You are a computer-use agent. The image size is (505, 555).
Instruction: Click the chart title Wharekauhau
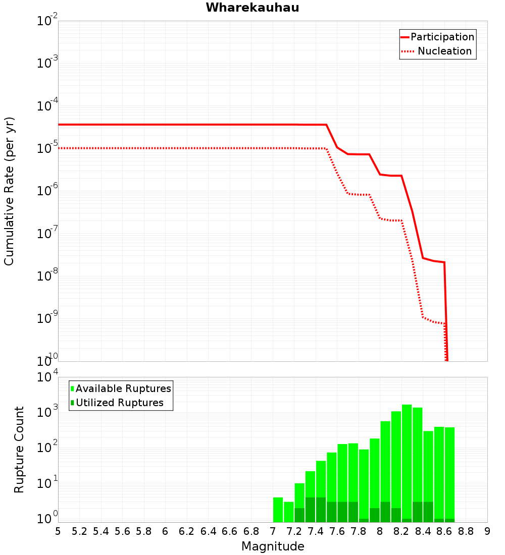coord(252,8)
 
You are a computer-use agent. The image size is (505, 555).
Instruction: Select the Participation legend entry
coord(437,37)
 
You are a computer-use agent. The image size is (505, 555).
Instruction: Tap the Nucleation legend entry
coord(437,51)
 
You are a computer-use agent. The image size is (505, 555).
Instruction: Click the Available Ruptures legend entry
coord(121,388)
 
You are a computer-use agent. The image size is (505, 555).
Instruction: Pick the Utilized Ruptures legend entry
coord(117,403)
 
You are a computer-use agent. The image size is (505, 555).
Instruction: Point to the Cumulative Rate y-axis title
coord(9,191)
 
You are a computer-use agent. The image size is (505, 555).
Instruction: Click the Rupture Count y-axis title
coord(19,450)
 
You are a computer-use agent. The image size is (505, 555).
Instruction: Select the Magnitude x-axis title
coord(273,546)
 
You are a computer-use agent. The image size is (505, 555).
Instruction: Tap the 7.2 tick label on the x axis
coord(294,531)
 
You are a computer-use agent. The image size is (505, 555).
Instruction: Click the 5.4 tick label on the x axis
coord(101,531)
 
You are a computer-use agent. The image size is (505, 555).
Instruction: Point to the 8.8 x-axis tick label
coord(466,531)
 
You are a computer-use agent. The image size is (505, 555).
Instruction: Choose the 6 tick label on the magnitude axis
coord(165,531)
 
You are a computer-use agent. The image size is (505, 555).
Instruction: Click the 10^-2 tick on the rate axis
coord(47,20)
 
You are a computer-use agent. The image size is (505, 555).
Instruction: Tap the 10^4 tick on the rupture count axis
coord(47,376)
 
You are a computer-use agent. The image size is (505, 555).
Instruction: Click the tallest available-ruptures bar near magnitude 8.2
coord(407,463)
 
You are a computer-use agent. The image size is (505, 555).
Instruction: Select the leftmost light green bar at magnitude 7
coord(278,510)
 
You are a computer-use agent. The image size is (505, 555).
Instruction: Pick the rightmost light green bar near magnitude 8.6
coord(450,475)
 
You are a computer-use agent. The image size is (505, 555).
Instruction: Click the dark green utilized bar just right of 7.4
coord(321,510)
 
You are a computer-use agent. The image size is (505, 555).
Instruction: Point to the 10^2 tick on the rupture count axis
coord(47,448)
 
